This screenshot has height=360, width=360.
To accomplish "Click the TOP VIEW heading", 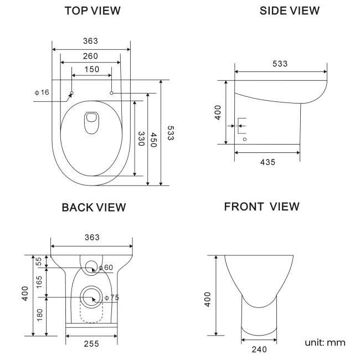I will point(92,11).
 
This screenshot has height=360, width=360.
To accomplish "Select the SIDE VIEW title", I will point(290,11).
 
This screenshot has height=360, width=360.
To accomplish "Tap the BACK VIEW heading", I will point(94,207).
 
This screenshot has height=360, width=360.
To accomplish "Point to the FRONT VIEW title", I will point(261,207).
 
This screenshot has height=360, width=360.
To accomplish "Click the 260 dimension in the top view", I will point(91,56).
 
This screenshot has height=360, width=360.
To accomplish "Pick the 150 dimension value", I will point(92,69).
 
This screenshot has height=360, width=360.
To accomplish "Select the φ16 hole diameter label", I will point(42,92).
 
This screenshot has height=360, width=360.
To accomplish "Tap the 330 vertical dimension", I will point(141,138).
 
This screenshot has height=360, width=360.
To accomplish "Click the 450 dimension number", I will point(155,140).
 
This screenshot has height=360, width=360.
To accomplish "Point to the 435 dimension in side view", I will point(267,162).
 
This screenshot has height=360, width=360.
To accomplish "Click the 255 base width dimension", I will point(91,343).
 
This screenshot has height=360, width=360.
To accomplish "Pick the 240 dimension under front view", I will point(259,349).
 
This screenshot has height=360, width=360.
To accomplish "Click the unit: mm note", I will point(325,342).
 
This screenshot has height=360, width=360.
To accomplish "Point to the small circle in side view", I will point(245,139).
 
